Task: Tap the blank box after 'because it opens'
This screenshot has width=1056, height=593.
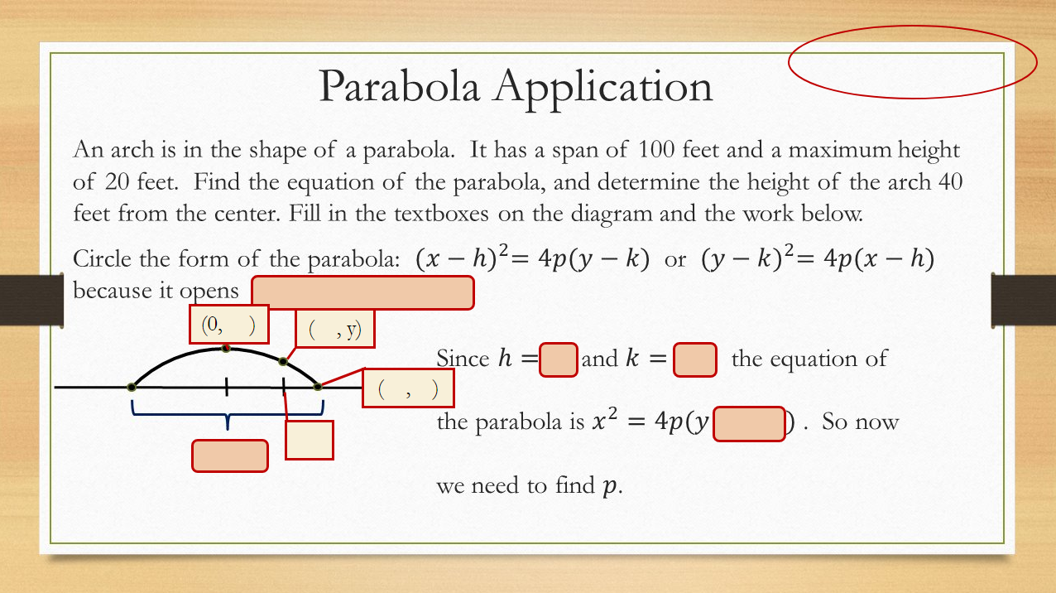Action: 362,293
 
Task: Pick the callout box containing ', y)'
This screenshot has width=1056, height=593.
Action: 335,330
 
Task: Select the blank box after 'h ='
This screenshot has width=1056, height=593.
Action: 559,360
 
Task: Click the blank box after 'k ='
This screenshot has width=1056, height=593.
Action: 695,360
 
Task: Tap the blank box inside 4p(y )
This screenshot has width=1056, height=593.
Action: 748,423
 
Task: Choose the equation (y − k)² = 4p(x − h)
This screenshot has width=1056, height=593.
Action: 817,259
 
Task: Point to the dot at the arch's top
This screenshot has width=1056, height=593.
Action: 225,349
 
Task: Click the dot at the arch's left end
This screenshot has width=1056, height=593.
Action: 132,387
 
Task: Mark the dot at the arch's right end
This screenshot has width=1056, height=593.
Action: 318,386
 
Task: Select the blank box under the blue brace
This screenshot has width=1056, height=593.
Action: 230,456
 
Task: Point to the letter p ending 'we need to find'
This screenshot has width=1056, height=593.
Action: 610,486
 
